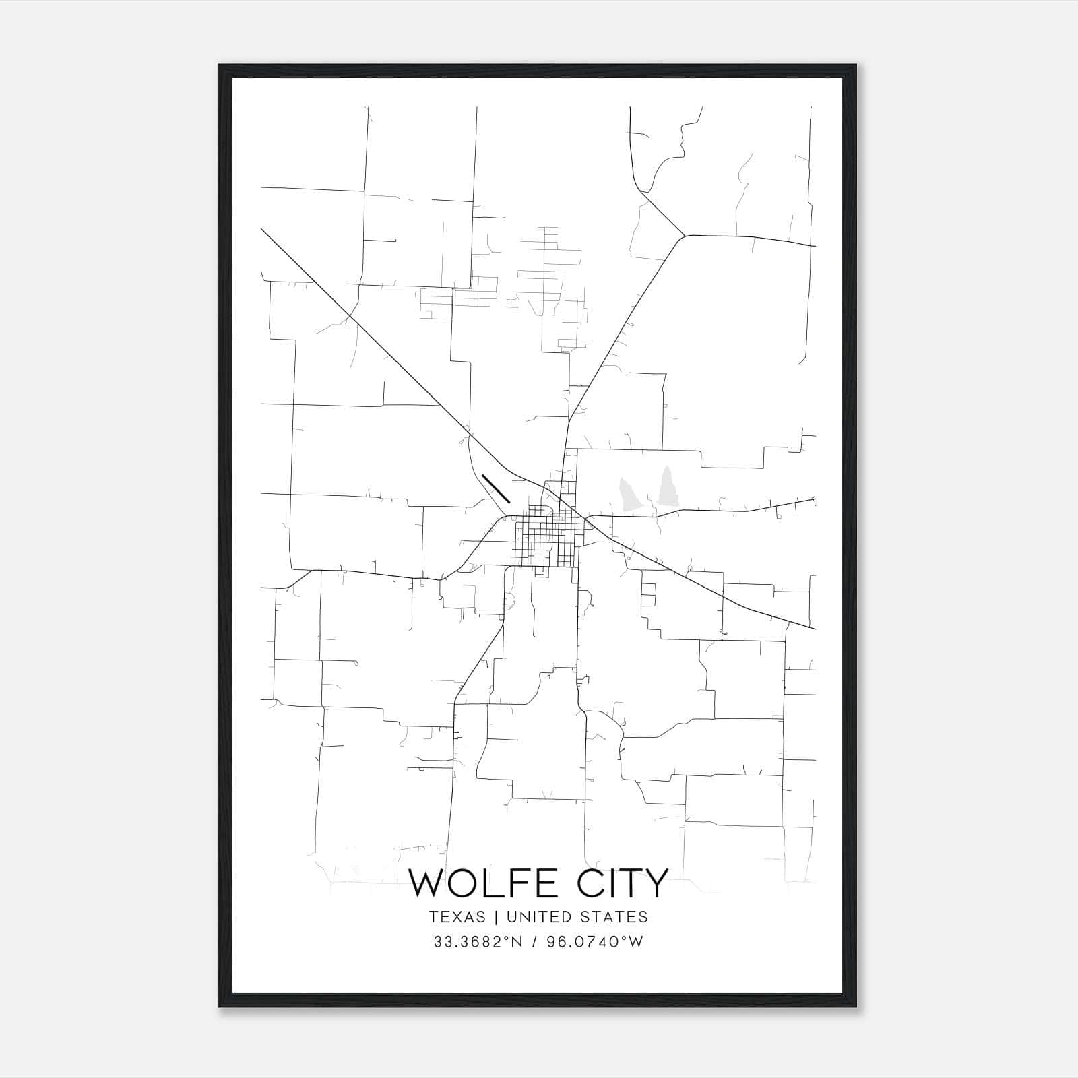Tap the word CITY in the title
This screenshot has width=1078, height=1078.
(620, 883)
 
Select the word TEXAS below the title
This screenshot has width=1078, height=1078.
(457, 917)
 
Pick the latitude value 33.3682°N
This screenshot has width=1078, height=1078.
(479, 942)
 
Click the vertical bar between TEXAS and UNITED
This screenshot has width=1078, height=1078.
(496, 917)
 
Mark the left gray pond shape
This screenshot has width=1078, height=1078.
(629, 494)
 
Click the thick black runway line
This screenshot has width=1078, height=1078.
(495, 488)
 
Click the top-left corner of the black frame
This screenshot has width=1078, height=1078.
(220, 66)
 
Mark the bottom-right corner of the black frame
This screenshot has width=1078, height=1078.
(856, 1006)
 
